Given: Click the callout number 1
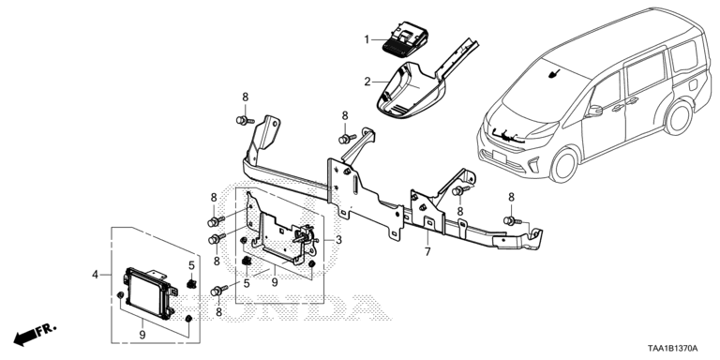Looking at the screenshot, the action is coord(367,40).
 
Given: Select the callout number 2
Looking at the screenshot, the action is coord(367,82).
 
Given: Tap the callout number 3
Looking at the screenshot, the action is coord(338,239).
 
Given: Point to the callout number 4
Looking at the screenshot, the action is coord(95,275).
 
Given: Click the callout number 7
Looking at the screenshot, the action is coord(427,251).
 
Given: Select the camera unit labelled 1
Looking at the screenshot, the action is coord(405,40).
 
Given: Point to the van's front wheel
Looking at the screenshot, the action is coord(563,165).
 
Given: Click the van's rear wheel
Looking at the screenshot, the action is coord(679,117).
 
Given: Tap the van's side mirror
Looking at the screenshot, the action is coord(594,111).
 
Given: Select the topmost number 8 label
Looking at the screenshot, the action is coord(246,97).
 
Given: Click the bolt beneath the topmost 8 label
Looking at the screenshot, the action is coord(245,121).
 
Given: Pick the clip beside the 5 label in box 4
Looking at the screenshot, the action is coord(191,283).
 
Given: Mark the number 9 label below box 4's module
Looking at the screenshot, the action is coord(142,336).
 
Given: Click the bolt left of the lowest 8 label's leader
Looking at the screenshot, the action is coord(219,291).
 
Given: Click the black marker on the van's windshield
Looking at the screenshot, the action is coord(554,73).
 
